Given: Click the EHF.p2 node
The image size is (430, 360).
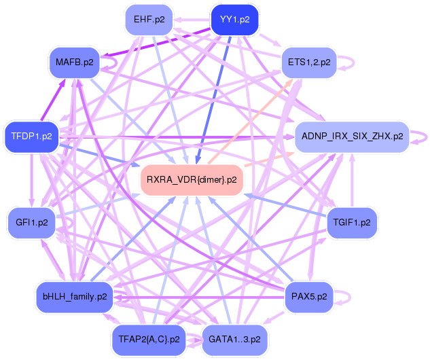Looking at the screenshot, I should [153, 20].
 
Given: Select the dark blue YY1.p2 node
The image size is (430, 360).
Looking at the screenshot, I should [235, 20].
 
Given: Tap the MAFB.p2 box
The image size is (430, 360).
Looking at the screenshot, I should [75, 62].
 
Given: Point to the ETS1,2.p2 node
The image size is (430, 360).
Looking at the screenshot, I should [309, 62].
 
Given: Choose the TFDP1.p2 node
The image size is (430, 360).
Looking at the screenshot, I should [31, 137].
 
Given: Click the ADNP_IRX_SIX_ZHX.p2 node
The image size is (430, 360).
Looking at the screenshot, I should [351, 137].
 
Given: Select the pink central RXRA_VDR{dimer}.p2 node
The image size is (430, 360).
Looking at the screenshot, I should [192, 180].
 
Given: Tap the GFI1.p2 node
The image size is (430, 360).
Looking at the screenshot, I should [31, 223].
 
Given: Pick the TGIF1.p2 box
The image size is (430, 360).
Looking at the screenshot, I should [351, 223].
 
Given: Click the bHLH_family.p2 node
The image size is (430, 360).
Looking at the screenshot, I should [75, 297].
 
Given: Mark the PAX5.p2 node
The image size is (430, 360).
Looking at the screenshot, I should [309, 297].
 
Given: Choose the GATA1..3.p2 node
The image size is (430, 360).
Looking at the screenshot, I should [235, 339].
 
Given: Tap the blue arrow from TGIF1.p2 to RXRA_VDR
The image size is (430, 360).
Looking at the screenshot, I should [285, 208].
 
